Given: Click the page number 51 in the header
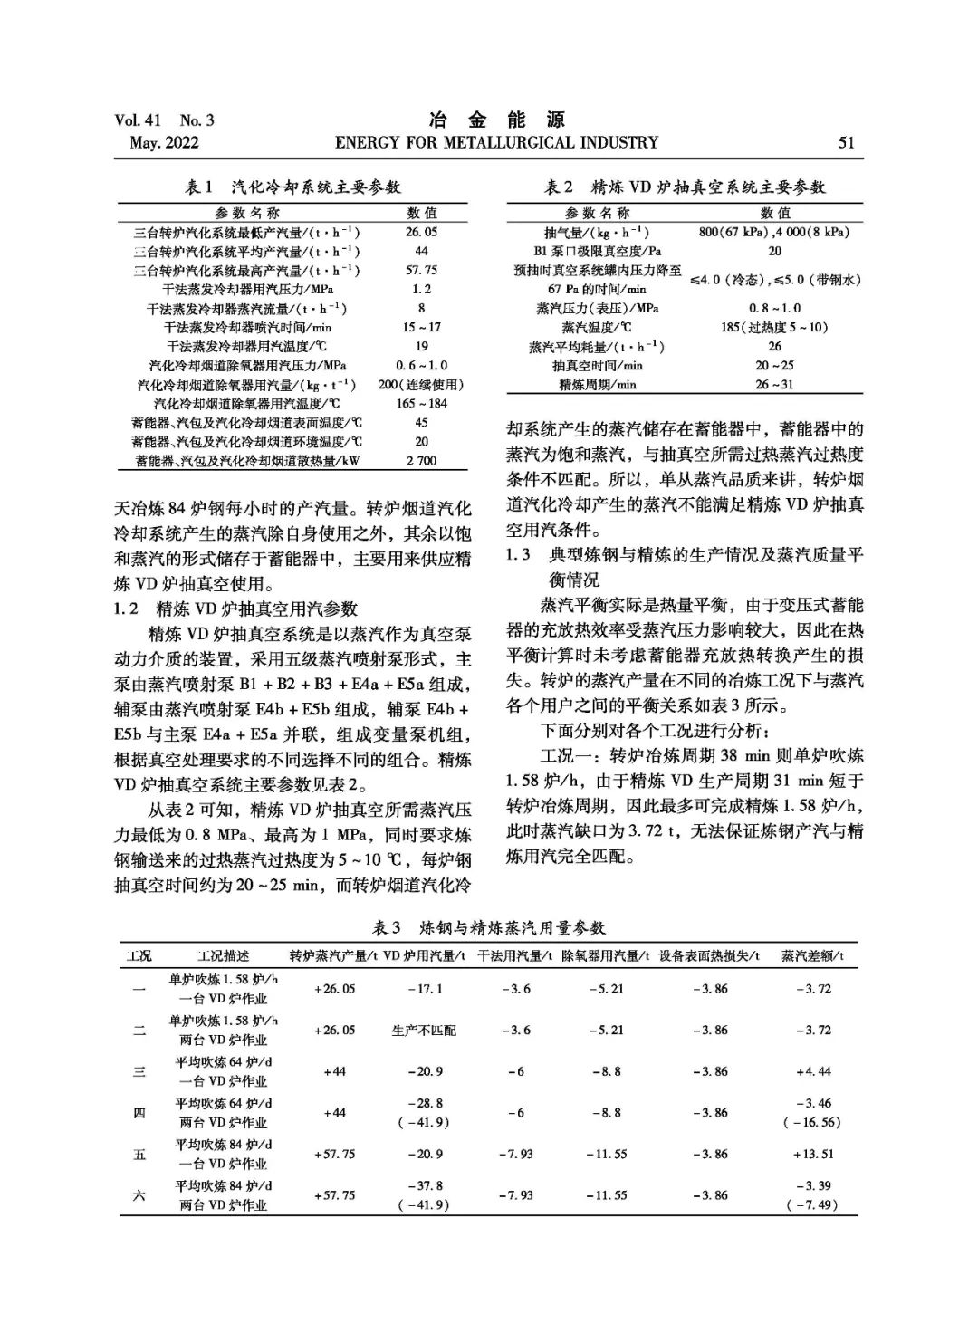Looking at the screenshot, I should click(846, 143).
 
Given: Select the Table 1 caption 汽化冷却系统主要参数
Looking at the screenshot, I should click(292, 187).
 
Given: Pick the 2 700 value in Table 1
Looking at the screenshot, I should click(421, 461).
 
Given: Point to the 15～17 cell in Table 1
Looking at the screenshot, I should click(421, 327).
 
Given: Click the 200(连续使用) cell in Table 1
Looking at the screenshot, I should click(421, 385).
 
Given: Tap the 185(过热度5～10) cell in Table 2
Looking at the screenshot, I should click(774, 328).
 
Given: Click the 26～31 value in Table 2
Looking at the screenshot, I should click(774, 385).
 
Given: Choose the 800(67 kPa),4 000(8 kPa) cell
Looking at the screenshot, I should click(774, 232).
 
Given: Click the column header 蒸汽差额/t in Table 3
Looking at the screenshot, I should click(812, 956).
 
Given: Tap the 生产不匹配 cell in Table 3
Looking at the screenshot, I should click(424, 1031).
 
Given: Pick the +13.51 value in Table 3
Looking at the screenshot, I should click(812, 1155).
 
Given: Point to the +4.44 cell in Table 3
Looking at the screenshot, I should click(812, 1072).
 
